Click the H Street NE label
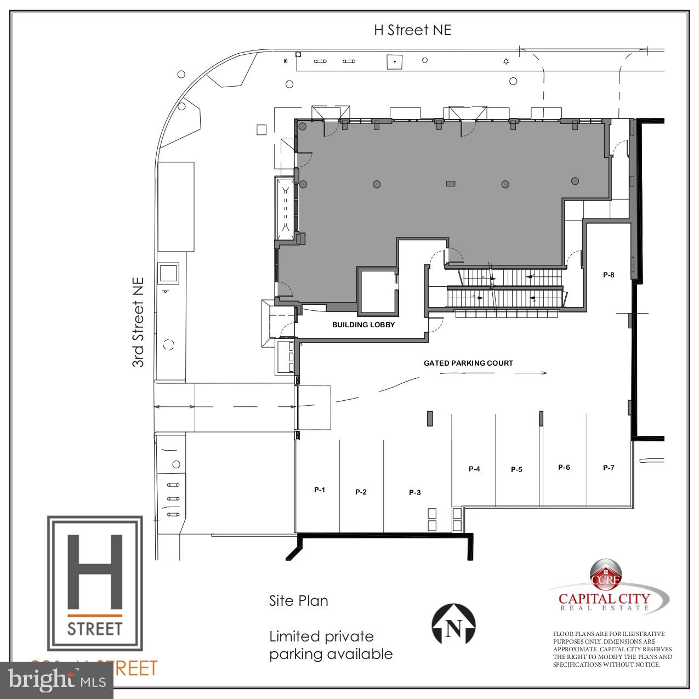412,30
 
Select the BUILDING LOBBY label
363,325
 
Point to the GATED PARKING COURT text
468,363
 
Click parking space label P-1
320,490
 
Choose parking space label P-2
361,492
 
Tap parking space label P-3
415,492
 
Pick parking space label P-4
474,469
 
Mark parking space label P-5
516,469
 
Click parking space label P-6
564,467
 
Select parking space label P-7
609,468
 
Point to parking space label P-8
609,275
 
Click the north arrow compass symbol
453,624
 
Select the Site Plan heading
299,601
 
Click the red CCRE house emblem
605,573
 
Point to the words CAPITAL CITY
604,599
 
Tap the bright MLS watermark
57,680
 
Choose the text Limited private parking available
331,645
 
